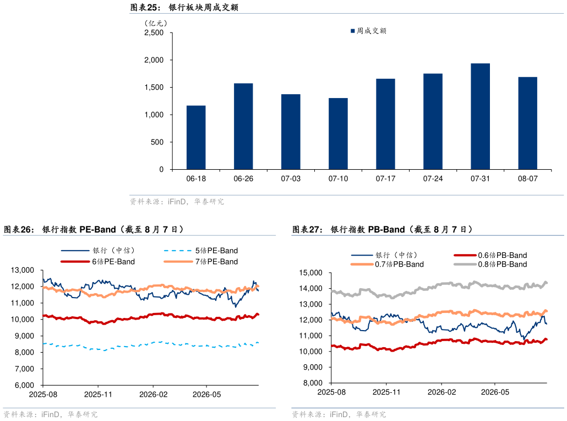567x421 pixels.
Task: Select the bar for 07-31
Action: [480, 116]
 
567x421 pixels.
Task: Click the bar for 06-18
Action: [196, 138]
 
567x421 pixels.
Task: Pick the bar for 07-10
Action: [338, 133]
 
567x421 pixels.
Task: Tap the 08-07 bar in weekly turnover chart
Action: [527, 123]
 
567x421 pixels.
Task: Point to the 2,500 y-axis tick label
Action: [154, 33]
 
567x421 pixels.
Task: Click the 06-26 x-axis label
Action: [243, 179]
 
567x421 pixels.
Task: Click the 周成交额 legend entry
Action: [368, 31]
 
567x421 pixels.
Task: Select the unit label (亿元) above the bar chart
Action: [156, 23]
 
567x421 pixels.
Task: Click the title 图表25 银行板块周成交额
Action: [184, 7]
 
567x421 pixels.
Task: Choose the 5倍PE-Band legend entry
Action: [201, 251]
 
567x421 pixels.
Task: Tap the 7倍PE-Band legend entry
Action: [201, 261]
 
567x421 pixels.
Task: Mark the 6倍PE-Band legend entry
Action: [97, 261]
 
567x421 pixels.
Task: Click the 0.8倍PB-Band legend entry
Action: [490, 265]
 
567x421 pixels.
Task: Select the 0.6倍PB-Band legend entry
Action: [490, 255]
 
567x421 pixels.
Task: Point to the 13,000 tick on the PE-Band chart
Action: [23, 270]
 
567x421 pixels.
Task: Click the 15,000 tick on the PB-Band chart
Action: [310, 273]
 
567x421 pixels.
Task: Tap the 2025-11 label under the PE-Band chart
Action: [98, 394]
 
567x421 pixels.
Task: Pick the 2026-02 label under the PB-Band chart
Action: [441, 392]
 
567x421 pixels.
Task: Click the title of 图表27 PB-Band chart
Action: [383, 229]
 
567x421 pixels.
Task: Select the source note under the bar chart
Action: [177, 202]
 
